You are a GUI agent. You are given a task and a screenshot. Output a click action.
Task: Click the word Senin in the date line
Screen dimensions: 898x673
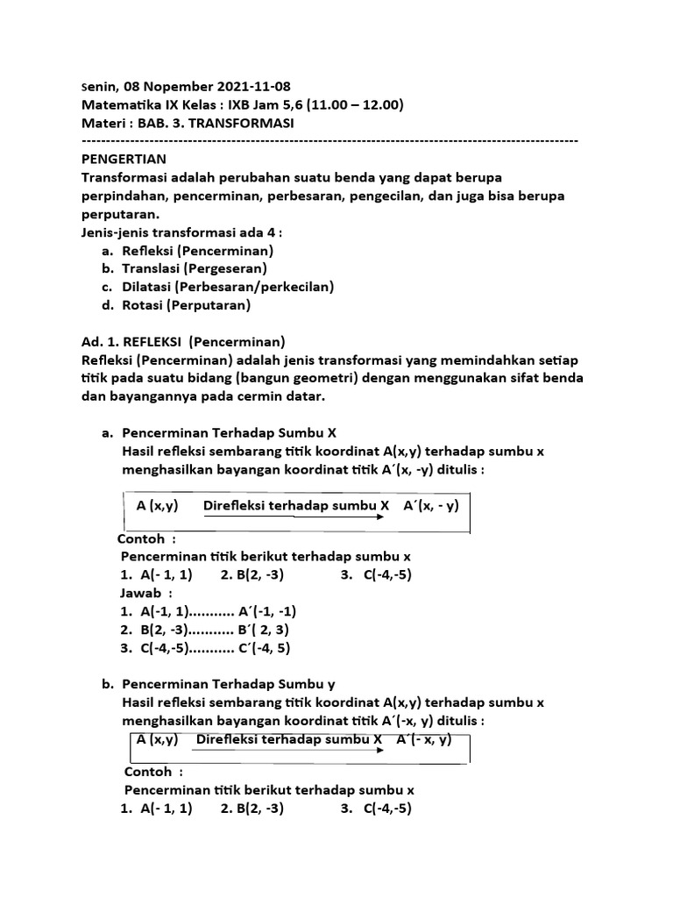[x=99, y=87]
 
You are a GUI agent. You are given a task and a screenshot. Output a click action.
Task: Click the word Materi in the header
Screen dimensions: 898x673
[x=103, y=124]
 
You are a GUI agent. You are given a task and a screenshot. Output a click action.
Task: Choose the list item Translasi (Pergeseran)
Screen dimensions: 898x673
[x=195, y=268]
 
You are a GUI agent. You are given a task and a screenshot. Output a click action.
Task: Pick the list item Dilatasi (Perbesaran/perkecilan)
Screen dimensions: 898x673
[x=228, y=287]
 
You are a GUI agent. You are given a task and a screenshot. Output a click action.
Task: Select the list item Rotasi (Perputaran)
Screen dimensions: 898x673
[x=187, y=305]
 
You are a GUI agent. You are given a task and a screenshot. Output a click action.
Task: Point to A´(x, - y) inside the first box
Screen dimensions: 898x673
[x=431, y=506]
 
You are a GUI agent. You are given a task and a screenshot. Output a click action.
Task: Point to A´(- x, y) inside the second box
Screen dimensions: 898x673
[x=424, y=739]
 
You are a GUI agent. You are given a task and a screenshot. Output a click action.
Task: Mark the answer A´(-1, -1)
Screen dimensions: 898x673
[x=273, y=611]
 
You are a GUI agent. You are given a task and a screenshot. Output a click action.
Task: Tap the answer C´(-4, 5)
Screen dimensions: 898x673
[x=264, y=648]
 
